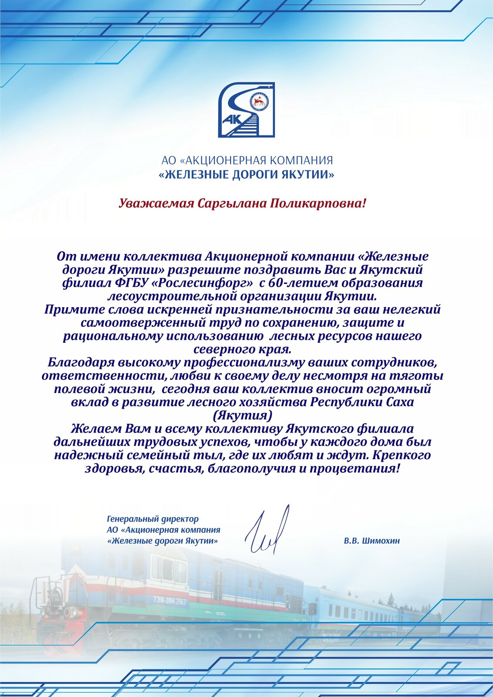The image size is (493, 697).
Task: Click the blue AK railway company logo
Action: [246, 110]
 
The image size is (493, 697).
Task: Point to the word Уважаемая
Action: [156, 203]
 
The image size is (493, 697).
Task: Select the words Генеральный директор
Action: [152, 519]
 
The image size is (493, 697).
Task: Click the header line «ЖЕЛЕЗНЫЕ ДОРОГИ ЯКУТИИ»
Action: [246, 175]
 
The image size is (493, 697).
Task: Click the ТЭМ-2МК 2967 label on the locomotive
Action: [169, 601]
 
